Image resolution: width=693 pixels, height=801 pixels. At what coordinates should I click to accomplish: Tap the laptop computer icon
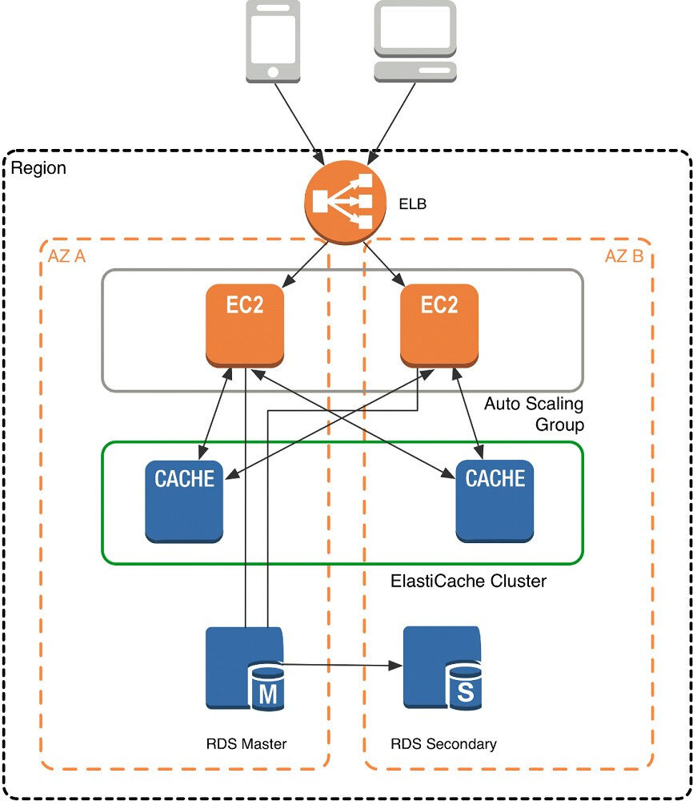coord(415,40)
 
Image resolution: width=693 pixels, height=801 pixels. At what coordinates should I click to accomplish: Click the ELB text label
coord(412,204)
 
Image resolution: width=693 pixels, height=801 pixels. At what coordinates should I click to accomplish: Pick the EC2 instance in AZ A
coord(244,324)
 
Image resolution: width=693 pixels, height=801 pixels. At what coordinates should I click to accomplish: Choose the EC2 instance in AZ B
coord(439,324)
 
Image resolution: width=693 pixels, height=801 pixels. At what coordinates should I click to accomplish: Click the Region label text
coord(39,169)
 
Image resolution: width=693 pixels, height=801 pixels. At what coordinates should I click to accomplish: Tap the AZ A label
coord(66,258)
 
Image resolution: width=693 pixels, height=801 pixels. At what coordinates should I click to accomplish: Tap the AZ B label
coord(623,258)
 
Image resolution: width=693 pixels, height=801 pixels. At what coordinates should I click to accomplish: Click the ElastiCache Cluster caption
coord(468,581)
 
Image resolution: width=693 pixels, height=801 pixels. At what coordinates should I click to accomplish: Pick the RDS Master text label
coord(246,744)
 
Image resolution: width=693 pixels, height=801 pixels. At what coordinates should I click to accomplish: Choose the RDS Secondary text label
coord(443,744)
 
